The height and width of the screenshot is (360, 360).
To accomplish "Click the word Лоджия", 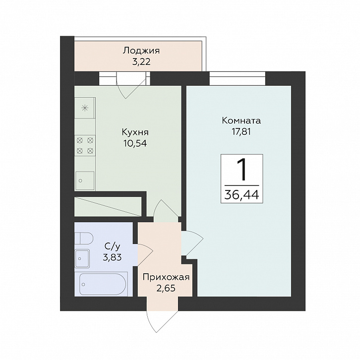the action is (141, 51).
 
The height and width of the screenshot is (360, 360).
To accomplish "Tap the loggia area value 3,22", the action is (141, 62).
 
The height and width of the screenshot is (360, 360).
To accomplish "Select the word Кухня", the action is (135, 132).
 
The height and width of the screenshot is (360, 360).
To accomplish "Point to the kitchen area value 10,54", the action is (135, 143).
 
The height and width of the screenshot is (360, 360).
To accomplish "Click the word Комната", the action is (241, 120).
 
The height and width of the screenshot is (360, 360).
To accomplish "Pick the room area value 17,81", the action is (241, 132).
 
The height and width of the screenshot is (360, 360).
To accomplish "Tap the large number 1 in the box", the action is (242, 170).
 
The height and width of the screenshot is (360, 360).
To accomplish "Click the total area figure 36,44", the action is (242, 195).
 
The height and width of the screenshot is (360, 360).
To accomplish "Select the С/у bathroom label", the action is (112, 246).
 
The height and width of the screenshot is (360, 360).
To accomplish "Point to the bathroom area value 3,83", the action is (112, 257).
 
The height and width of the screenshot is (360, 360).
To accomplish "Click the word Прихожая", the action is (166, 277).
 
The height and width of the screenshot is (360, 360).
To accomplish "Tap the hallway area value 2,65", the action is (166, 288).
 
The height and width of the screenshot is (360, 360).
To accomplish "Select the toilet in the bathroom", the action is (84, 239).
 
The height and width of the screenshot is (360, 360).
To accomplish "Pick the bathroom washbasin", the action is (82, 258).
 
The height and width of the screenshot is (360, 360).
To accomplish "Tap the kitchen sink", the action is (85, 180).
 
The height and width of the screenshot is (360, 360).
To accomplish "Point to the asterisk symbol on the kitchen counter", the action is (85, 108).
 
